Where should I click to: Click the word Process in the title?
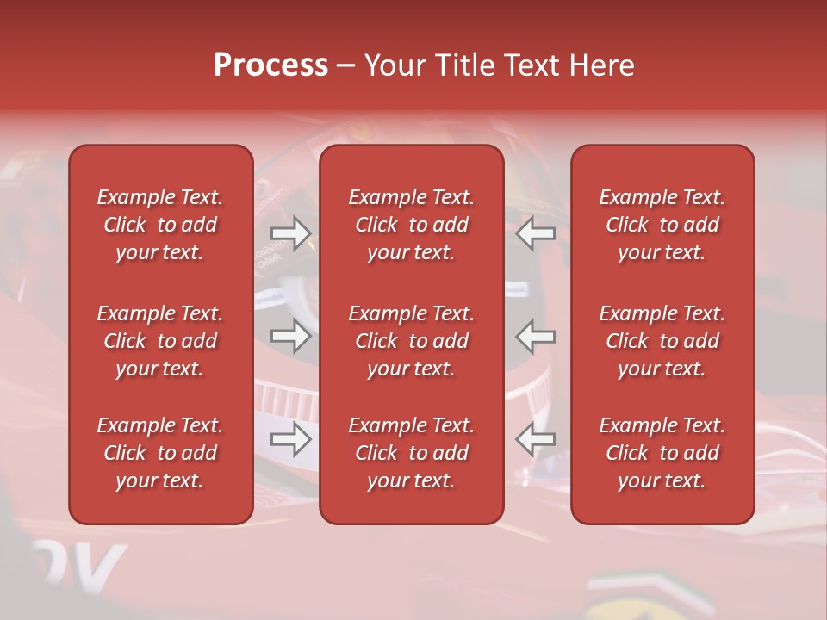tap(270, 65)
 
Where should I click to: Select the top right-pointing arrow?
tap(290, 233)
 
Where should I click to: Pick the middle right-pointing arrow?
tap(290, 336)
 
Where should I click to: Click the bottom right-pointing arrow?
tap(290, 440)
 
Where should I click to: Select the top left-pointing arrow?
tap(535, 233)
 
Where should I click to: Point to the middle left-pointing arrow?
tap(535, 336)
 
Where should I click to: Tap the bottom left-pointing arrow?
tap(535, 440)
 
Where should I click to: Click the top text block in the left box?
tap(160, 225)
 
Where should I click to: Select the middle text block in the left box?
tap(160, 341)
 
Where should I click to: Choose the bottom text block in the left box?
tap(160, 453)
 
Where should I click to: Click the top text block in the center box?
tap(411, 225)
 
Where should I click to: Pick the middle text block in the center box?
tap(411, 341)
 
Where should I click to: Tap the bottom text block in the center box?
tap(411, 453)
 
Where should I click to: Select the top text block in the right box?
tap(662, 225)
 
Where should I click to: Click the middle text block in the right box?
tap(662, 341)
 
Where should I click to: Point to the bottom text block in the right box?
tap(662, 453)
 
